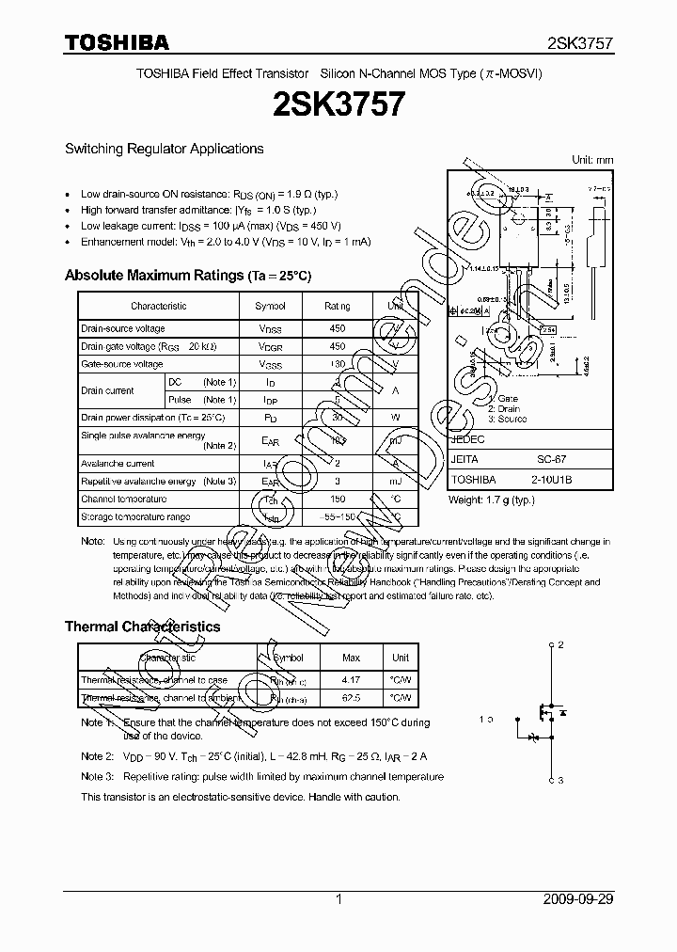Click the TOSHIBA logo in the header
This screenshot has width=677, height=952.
coord(117,42)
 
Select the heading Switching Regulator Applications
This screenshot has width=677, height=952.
coord(164,149)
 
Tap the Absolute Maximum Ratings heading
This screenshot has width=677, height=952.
coord(187,276)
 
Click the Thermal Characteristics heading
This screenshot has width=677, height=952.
coord(142,627)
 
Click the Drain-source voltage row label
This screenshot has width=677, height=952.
coord(123,328)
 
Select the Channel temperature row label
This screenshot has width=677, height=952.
coord(124,499)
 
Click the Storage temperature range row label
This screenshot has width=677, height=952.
coord(135,516)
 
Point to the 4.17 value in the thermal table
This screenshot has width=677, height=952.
coord(351,679)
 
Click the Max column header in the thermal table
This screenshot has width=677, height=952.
coord(351,658)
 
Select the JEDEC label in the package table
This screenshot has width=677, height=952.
coord(468,439)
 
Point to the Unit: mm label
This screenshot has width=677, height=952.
coord(592,160)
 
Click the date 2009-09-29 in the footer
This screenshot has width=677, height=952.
coord(578,899)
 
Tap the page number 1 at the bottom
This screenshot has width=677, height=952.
coord(338,899)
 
